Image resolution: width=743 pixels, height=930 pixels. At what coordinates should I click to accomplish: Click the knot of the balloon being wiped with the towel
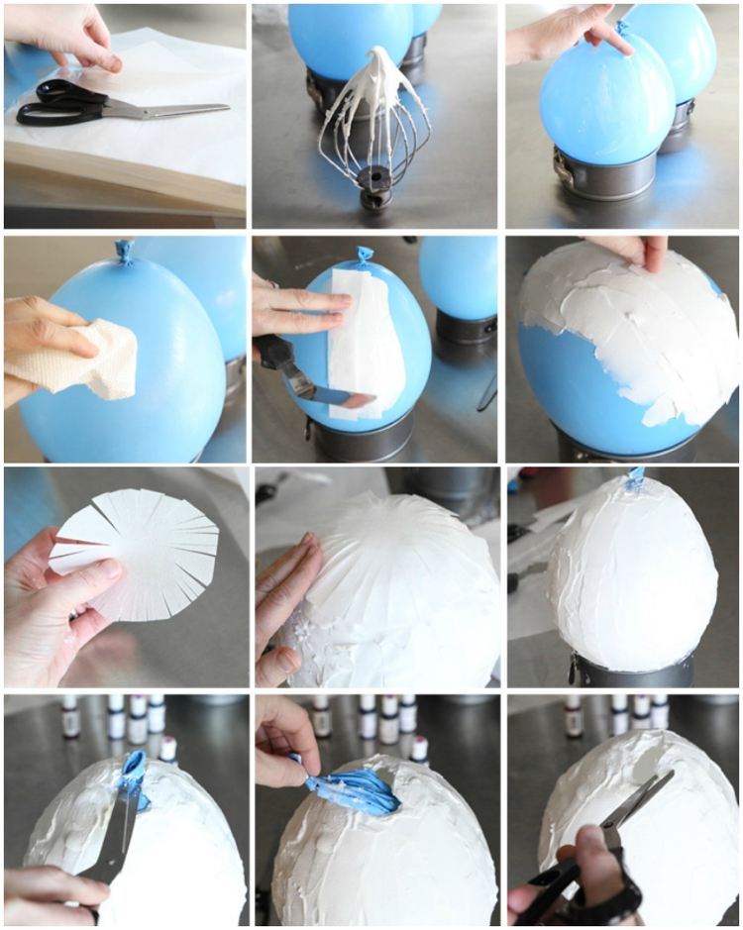[x=125, y=251]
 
